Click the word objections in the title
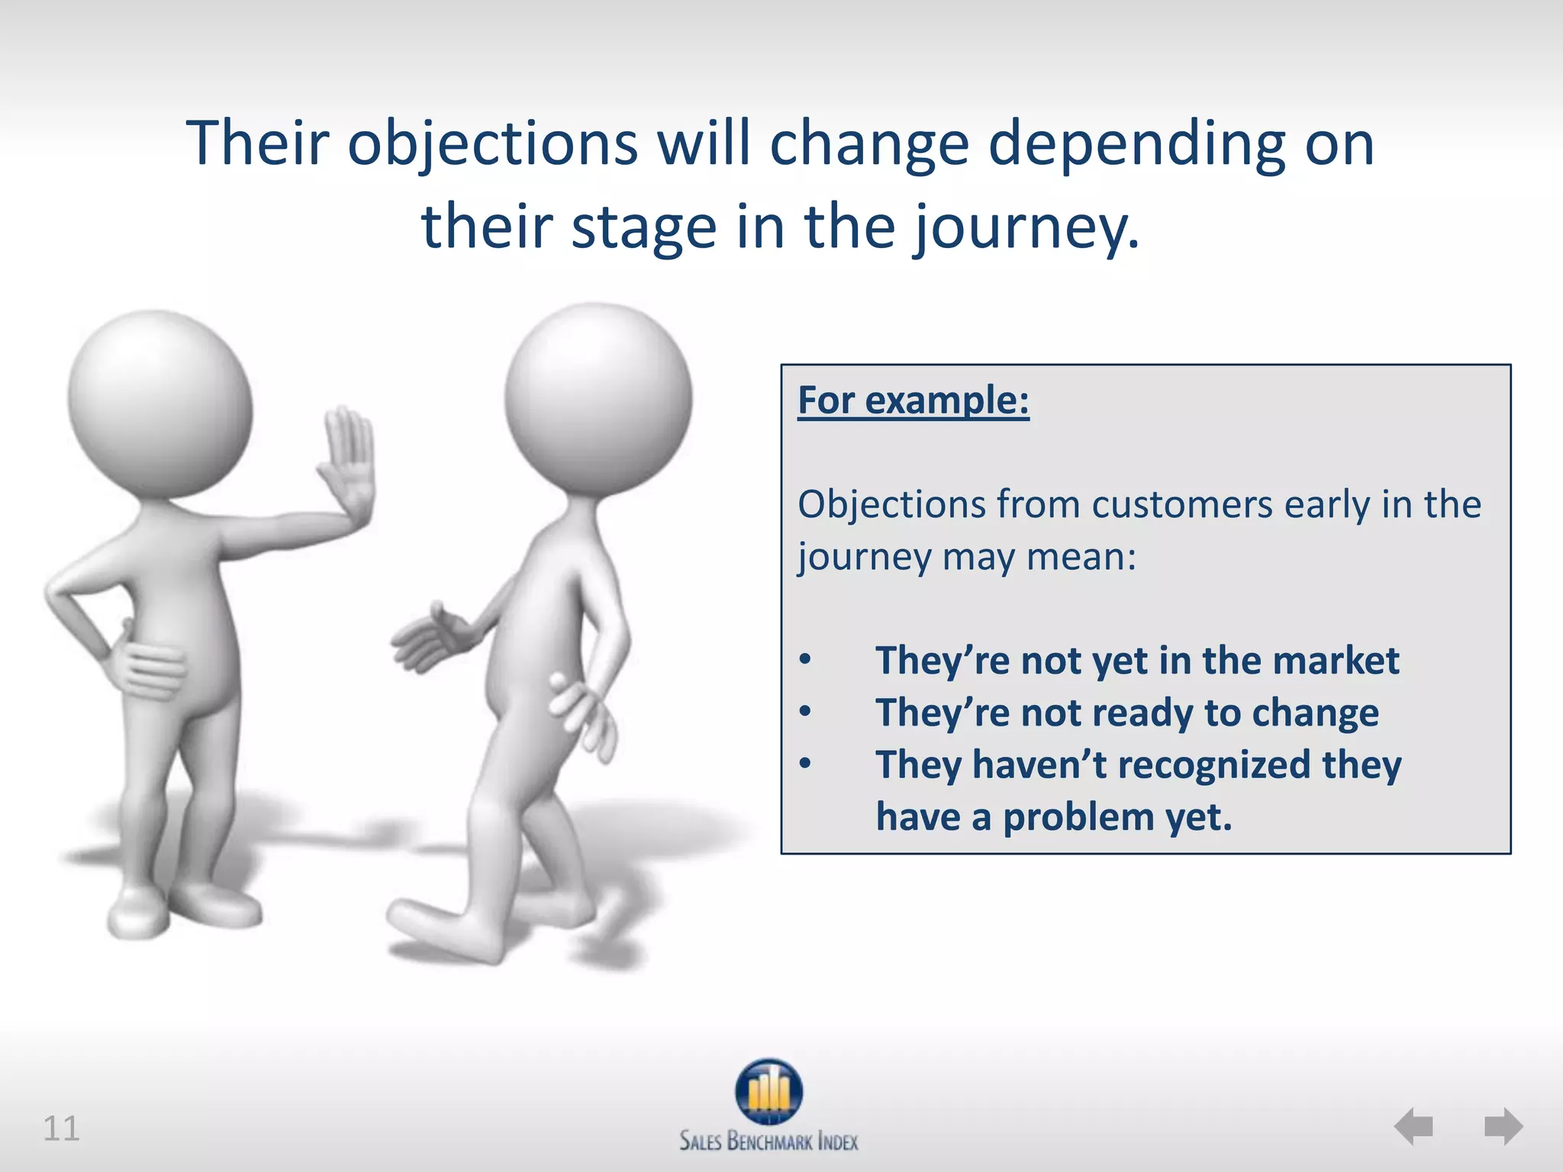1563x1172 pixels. [492, 145]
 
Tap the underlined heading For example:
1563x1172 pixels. [913, 401]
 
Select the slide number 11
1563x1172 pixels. [61, 1129]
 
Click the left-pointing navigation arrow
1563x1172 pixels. [1413, 1126]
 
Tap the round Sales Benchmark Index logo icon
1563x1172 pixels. [769, 1091]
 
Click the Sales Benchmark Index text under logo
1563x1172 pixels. [769, 1141]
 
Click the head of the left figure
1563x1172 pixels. [160, 404]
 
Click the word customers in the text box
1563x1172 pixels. [1181, 505]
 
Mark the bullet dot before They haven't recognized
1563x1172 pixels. [805, 763]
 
